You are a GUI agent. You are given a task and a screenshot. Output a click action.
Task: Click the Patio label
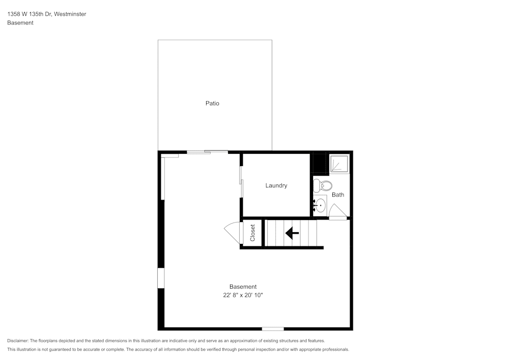(x=212, y=103)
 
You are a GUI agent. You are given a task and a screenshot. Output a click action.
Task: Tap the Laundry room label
(x=276, y=185)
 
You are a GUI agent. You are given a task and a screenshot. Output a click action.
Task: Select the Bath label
(x=338, y=195)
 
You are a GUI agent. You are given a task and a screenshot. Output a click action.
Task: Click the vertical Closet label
(x=252, y=233)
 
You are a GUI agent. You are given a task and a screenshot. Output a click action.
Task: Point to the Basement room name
(x=243, y=287)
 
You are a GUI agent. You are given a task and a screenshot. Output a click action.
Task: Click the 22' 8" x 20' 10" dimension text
(x=242, y=295)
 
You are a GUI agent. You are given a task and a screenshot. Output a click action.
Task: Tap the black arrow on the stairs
(x=292, y=233)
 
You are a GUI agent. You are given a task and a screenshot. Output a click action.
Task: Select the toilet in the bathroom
(x=323, y=185)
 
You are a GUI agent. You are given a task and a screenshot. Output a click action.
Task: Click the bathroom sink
(x=320, y=205)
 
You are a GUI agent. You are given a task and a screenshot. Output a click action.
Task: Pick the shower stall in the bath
(x=338, y=164)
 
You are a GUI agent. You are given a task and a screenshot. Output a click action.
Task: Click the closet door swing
(x=232, y=233)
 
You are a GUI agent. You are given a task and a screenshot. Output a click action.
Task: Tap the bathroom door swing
(x=337, y=211)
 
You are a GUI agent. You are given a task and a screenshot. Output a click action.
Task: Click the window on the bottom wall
(x=273, y=329)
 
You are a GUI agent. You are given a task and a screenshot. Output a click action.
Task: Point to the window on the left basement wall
(x=161, y=278)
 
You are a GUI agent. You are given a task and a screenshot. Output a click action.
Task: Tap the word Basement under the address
(x=20, y=23)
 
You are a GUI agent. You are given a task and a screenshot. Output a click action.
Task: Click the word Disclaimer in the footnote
(x=18, y=341)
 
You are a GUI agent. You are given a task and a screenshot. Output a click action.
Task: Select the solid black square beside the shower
(x=318, y=163)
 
